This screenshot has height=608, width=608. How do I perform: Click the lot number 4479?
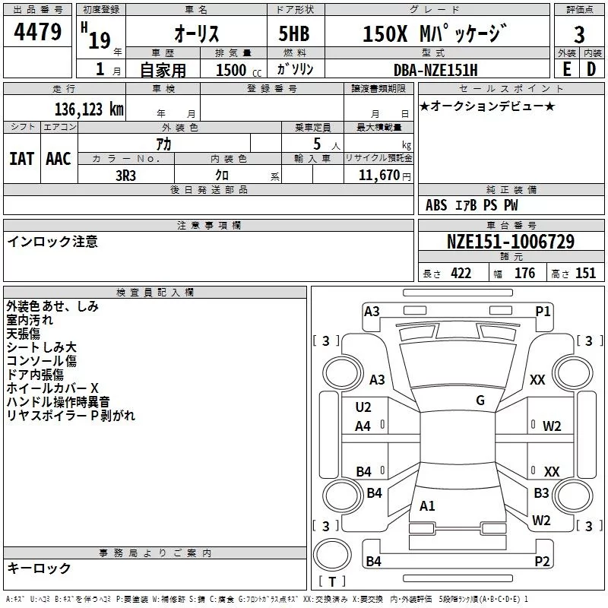(38, 33)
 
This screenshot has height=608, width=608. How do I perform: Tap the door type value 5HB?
(296, 34)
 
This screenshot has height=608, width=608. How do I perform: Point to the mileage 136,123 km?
(88, 109)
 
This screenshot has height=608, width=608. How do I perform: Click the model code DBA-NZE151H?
(436, 70)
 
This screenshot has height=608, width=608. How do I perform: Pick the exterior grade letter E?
(566, 69)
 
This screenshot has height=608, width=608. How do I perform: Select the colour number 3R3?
(125, 174)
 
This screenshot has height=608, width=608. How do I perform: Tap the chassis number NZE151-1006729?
(510, 242)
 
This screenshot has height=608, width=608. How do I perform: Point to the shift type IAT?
(22, 159)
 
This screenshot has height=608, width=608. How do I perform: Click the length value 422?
(461, 274)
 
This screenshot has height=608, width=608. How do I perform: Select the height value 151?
(585, 274)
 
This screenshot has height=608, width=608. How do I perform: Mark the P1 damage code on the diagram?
(543, 310)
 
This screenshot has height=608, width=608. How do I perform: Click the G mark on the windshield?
(480, 401)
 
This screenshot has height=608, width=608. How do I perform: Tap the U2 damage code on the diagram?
(363, 407)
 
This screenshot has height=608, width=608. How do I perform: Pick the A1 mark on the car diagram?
(427, 505)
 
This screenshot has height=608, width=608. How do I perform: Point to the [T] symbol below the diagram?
(331, 581)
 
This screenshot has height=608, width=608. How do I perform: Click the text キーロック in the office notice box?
(39, 568)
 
